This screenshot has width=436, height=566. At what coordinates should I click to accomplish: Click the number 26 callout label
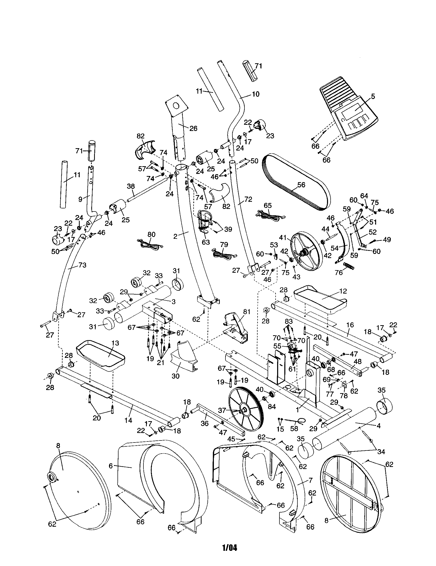[193, 128]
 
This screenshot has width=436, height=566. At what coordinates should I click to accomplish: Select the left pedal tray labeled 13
[101, 354]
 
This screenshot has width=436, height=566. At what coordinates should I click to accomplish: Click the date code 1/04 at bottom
[230, 547]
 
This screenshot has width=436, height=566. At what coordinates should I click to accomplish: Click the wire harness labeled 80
[149, 245]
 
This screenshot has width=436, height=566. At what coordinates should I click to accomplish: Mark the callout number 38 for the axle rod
[131, 186]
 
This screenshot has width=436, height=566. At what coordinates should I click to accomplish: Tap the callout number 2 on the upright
[176, 236]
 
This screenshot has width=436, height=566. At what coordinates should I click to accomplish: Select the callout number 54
[335, 248]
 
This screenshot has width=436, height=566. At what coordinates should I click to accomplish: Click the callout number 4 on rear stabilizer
[378, 426]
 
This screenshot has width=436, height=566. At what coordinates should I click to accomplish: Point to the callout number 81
[247, 312]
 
